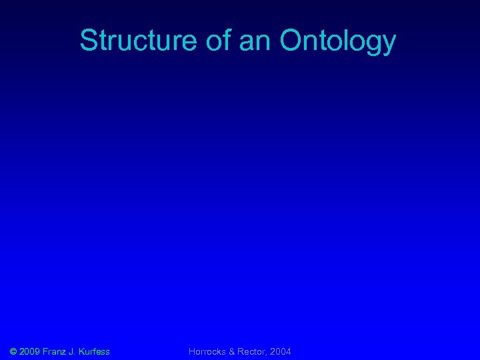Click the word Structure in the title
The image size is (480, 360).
(x=137, y=41)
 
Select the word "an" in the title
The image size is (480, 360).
(x=255, y=41)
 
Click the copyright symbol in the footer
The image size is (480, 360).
(x=14, y=351)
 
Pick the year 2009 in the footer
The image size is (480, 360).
(x=30, y=351)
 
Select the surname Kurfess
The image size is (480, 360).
(x=94, y=351)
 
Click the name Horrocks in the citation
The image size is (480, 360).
(x=207, y=351)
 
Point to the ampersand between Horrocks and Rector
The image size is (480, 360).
(x=231, y=351)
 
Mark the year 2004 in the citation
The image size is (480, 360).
(x=280, y=351)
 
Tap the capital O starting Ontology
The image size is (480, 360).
(x=291, y=41)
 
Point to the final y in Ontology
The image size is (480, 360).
(x=389, y=44)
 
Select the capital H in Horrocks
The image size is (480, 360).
(x=192, y=351)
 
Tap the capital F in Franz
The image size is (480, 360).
(x=45, y=351)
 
